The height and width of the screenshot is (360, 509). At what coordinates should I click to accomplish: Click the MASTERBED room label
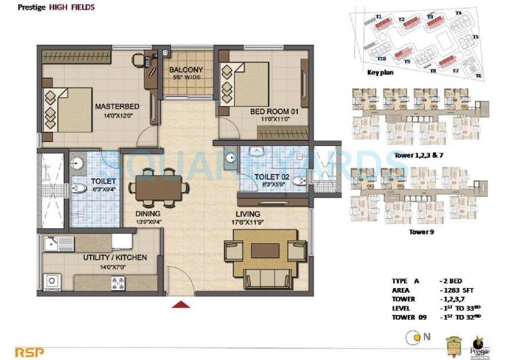pos(117,106)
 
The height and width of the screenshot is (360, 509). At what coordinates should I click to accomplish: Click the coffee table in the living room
pos(264,251)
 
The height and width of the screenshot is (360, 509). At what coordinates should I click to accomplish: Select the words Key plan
pos(381,71)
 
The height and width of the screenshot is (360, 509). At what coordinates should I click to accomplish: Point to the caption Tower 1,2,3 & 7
pos(413,156)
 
